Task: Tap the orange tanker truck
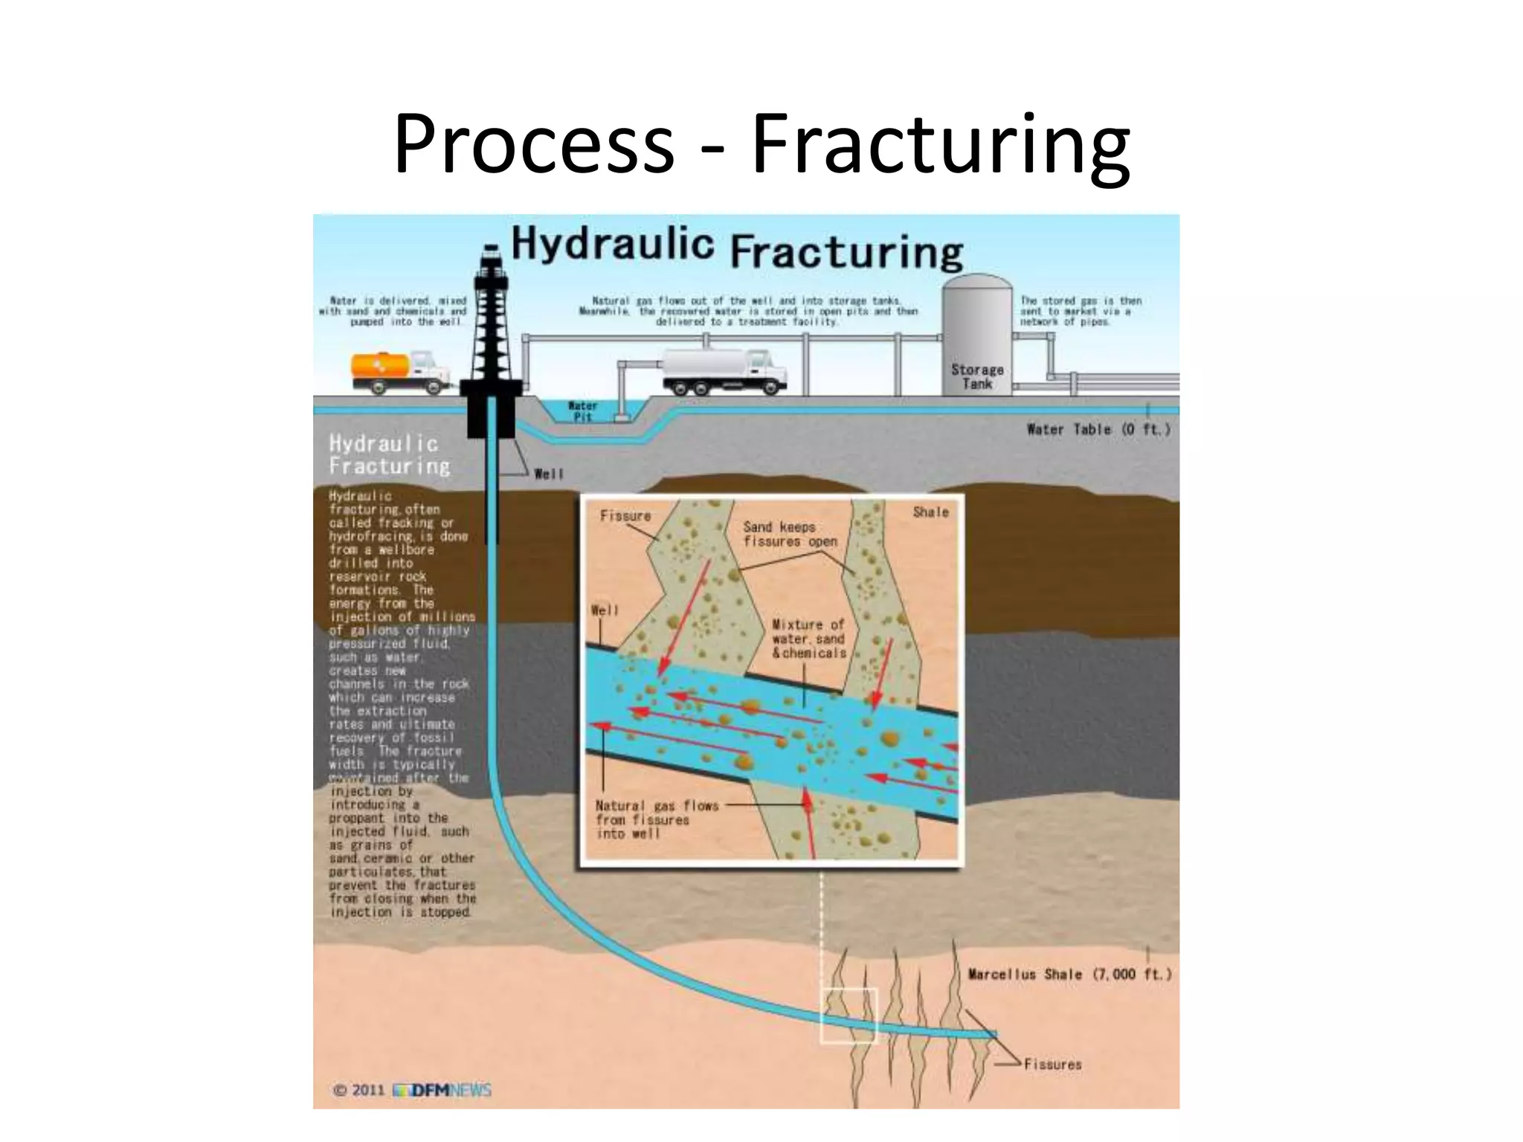pos(399,372)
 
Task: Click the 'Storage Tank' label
pos(977,376)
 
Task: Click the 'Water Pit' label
pos(582,411)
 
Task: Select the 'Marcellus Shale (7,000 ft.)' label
pos(1069,974)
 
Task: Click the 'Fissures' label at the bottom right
pos(1052,1064)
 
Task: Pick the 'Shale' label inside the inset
pos(930,512)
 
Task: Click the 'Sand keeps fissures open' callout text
pos(790,534)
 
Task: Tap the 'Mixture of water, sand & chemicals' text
pos(808,639)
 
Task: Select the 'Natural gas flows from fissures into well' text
pos(657,819)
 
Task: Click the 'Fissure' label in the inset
pos(625,516)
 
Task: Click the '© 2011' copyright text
pos(358,1090)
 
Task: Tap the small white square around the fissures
pos(849,1016)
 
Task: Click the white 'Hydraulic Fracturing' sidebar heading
pos(389,454)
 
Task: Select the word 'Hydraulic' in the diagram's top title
pos(612,244)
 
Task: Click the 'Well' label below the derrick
pos(549,474)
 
